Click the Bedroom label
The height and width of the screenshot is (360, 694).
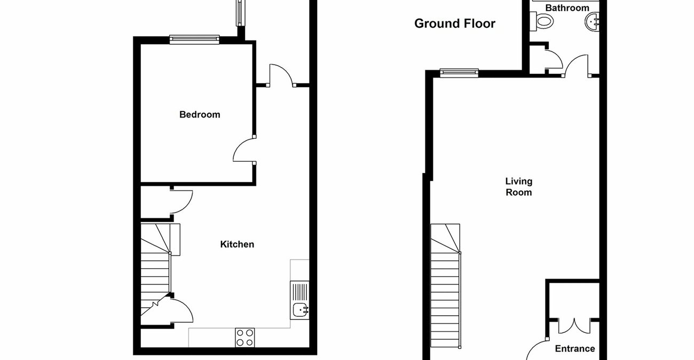click(x=200, y=114)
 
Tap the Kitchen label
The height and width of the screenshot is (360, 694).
click(x=237, y=244)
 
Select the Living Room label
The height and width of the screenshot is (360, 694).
click(x=519, y=187)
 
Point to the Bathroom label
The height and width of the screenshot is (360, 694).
click(x=567, y=8)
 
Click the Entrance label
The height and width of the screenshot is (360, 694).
click(x=575, y=349)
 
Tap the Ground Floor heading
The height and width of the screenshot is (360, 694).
click(x=455, y=24)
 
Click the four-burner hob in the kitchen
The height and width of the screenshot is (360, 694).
click(x=245, y=337)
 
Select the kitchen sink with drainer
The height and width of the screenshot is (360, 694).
click(x=299, y=300)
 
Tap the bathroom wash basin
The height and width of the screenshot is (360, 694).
click(x=593, y=22)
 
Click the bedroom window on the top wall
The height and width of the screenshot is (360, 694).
click(x=194, y=38)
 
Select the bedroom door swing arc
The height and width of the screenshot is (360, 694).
click(x=243, y=150)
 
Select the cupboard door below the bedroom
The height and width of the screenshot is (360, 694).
click(x=182, y=202)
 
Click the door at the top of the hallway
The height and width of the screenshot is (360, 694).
click(x=281, y=75)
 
